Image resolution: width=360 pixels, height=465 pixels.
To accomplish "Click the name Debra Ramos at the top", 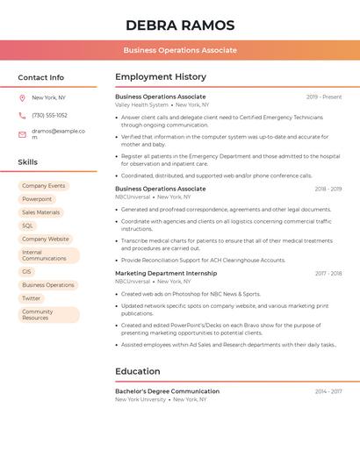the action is click(x=180, y=25).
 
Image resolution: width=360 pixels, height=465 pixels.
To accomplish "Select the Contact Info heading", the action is click(x=41, y=77).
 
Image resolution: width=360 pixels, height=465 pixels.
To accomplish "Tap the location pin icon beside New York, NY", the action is click(x=22, y=97).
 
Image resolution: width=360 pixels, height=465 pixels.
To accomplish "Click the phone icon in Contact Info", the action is click(x=22, y=115).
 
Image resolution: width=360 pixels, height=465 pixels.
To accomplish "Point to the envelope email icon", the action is click(x=22, y=134).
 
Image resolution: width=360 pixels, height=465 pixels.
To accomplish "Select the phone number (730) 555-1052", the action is click(x=49, y=115).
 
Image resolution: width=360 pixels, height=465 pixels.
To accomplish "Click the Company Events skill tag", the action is click(x=44, y=186).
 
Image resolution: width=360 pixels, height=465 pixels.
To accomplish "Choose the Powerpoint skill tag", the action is click(x=37, y=199).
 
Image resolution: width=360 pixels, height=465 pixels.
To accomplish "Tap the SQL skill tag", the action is click(x=28, y=225).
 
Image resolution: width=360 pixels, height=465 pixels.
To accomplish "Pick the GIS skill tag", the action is click(x=27, y=272).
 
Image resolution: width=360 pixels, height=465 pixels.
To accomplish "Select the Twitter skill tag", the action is click(x=32, y=298).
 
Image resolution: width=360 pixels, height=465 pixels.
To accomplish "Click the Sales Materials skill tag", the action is click(x=41, y=212).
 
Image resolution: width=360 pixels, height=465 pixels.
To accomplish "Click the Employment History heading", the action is click(x=161, y=77).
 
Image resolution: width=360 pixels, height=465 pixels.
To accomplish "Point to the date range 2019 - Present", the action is click(x=324, y=97).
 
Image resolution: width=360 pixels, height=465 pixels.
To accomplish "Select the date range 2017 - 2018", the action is click(x=328, y=273).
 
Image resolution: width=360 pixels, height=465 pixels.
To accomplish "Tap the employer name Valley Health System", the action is click(x=141, y=104).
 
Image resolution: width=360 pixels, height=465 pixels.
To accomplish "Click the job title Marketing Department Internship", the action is click(x=166, y=273).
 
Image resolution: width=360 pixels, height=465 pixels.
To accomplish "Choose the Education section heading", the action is click(x=138, y=371).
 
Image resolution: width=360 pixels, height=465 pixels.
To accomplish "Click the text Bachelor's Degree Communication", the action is click(x=167, y=391).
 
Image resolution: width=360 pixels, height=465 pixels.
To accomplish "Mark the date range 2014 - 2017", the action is click(x=328, y=391).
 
